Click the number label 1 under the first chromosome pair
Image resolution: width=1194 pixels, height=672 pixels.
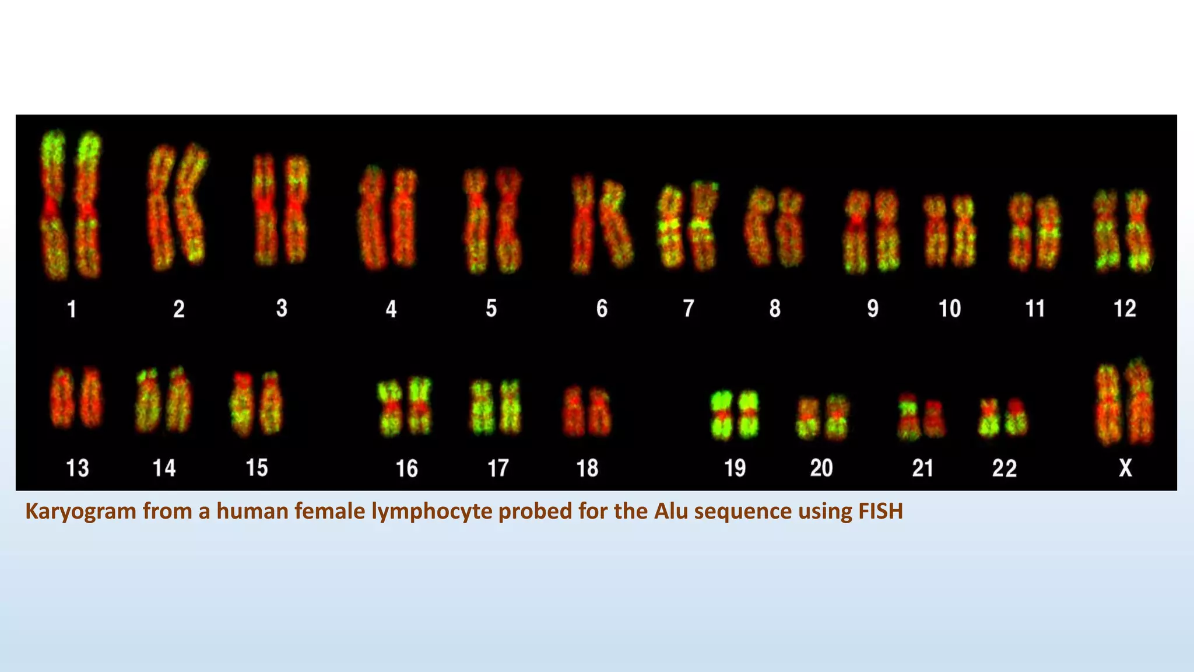click(72, 309)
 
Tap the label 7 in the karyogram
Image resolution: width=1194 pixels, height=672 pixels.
click(689, 308)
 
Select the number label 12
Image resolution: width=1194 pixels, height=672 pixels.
click(1125, 308)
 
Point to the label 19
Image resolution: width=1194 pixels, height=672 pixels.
click(735, 468)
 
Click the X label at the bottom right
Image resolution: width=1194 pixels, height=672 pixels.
click(1125, 468)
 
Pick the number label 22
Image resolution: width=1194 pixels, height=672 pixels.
click(1004, 468)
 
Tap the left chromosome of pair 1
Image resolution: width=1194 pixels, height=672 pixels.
click(54, 204)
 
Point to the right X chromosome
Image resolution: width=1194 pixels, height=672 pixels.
click(1140, 402)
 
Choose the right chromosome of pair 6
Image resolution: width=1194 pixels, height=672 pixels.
click(617, 225)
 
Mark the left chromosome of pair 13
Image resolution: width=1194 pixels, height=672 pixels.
click(62, 397)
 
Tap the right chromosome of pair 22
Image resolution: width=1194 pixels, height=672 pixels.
click(1016, 416)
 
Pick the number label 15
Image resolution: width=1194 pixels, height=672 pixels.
click(257, 468)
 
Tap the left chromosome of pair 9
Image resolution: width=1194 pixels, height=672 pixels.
click(856, 232)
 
